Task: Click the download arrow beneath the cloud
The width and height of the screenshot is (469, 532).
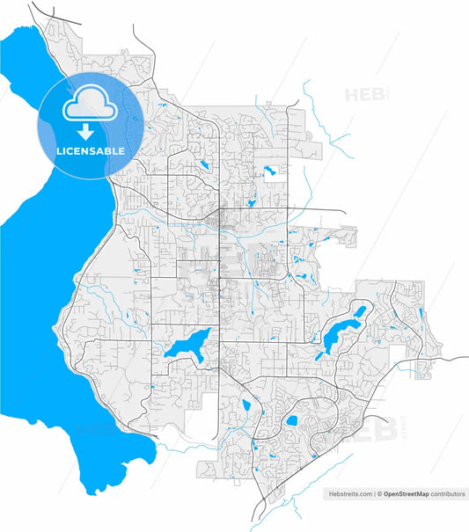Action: click(86, 133)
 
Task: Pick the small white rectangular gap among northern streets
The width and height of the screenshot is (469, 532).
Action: click(269, 172)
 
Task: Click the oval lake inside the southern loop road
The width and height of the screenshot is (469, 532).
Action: click(290, 421)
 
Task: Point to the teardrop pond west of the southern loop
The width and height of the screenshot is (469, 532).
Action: click(245, 405)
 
